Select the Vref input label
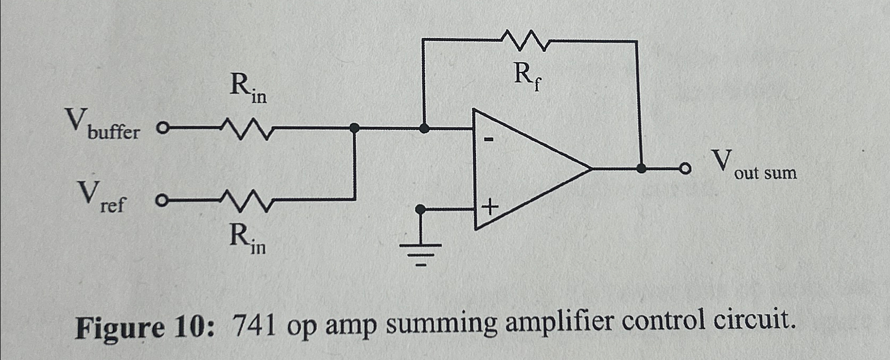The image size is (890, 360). point(101,197)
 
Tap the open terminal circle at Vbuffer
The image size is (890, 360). point(163,128)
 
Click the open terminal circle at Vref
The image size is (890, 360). point(161,201)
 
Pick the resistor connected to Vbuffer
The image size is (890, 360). point(246,128)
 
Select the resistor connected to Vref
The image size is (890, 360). point(246,201)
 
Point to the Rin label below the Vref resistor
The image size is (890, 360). point(247,238)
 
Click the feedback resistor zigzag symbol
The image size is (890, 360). point(525,41)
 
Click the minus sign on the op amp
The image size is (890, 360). point(490,140)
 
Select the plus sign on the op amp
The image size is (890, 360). point(490,207)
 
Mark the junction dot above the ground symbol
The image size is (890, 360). point(420,210)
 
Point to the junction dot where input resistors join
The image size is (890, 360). point(355,127)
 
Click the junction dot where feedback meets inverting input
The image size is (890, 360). point(424,128)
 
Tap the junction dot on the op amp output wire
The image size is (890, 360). point(641,169)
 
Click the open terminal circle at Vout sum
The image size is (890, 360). point(685,169)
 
